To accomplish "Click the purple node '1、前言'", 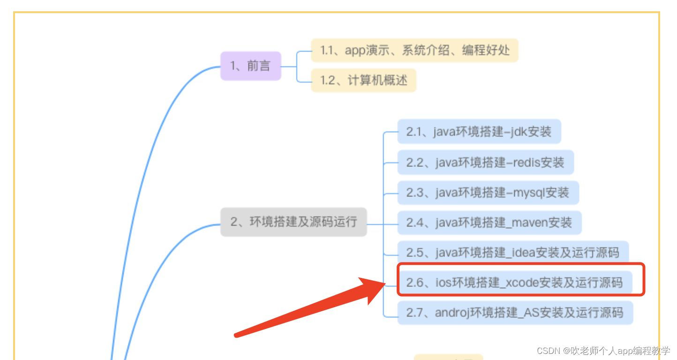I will (x=251, y=66).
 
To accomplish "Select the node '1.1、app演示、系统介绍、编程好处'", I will (x=414, y=50).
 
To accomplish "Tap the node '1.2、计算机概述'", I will (x=363, y=81).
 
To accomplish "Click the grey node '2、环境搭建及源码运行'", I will (x=293, y=222).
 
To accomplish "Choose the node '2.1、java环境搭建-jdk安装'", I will (x=479, y=131).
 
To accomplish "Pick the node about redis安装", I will (x=485, y=162).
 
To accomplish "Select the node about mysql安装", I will (x=488, y=193).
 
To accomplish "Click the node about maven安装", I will (x=489, y=223).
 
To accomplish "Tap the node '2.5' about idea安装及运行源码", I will (x=512, y=253).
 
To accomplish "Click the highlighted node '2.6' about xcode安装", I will (x=514, y=283).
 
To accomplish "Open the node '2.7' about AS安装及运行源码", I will (x=515, y=313).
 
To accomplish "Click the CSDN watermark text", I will (x=603, y=351).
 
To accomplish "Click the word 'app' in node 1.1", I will (x=355, y=50).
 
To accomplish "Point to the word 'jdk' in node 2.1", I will (x=516, y=132).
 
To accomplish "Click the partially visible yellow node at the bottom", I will (x=448, y=357).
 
